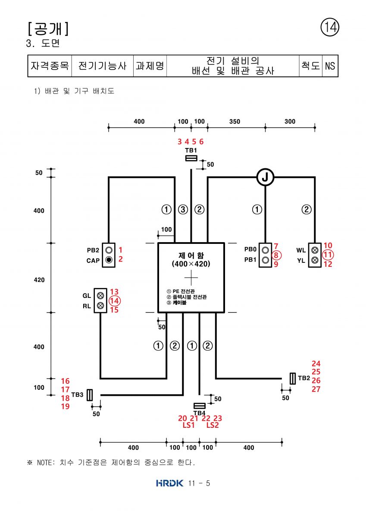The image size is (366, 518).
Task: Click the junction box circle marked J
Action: coord(265,177)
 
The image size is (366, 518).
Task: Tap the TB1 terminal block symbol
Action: coord(191,158)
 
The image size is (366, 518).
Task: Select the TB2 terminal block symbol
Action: coord(293,379)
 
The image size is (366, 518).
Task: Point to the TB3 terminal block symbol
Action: coord(90,395)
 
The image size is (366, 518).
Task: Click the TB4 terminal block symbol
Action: coord(199,406)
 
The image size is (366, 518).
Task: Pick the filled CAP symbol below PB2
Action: coord(109,260)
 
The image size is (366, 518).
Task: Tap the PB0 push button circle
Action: coord(265,250)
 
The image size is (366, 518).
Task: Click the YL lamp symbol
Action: coord(315,260)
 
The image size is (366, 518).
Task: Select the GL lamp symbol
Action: coord(100,296)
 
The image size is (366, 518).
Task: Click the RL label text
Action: coord(87,306)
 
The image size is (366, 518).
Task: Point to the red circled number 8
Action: coord(276,255)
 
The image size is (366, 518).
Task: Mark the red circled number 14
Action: coord(115,301)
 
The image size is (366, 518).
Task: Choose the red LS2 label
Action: coord(212,425)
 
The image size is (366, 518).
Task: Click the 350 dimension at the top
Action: coord(235,121)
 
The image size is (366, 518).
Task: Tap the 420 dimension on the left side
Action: coord(39,280)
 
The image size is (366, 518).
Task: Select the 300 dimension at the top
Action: coord(290,121)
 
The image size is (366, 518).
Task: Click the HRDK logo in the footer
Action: coord(170,483)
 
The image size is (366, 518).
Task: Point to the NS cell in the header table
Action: coord(330,66)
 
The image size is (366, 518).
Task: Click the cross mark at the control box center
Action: coord(191,278)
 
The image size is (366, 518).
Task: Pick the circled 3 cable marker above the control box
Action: coord(183,209)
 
